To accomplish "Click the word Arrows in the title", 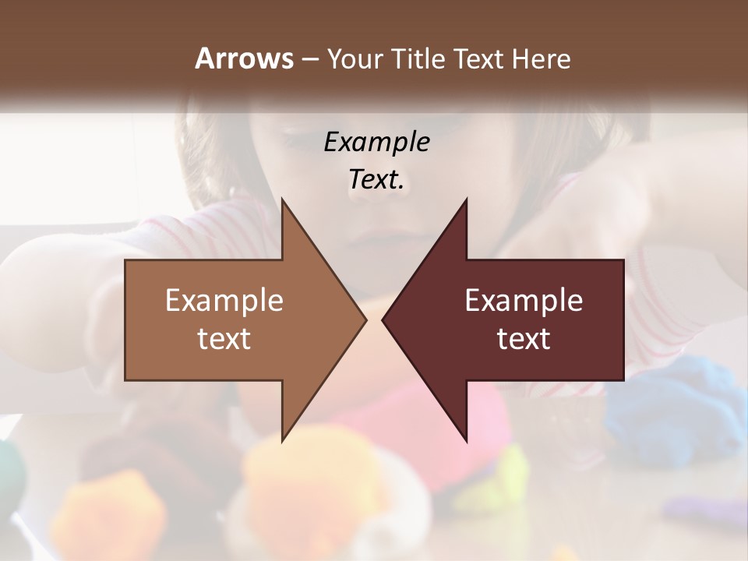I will point(243,58).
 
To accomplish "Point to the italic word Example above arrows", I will point(376,143).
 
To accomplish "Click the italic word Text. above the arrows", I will point(376,180).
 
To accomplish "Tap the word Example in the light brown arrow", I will point(224,301).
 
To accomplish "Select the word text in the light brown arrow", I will point(224,338).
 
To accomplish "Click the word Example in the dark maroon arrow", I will point(524,301).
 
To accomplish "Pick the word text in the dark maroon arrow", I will point(524,338).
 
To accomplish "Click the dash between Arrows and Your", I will point(309,59).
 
